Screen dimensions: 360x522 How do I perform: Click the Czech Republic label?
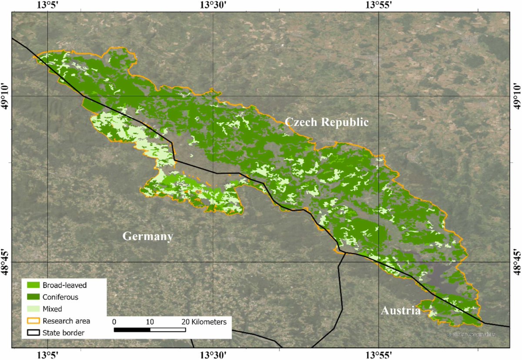pyautogui.click(x=327, y=122)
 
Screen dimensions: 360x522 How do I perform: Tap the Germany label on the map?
pyautogui.click(x=148, y=236)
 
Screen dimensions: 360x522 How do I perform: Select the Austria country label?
pyautogui.click(x=401, y=311)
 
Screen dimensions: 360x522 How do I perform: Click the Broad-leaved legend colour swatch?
pyautogui.click(x=33, y=286)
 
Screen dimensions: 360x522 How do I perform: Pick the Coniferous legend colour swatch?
pyautogui.click(x=33, y=297)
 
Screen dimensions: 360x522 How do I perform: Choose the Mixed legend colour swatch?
pyautogui.click(x=33, y=309)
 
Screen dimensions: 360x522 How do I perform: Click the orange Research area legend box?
pyautogui.click(x=33, y=321)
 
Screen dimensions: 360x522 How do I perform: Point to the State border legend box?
pyautogui.click(x=33, y=333)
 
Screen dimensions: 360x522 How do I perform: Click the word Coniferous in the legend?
pyautogui.click(x=60, y=297)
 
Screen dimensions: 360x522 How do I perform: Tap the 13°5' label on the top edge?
pyautogui.click(x=47, y=5)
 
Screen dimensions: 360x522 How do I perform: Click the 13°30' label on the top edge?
pyautogui.click(x=213, y=5)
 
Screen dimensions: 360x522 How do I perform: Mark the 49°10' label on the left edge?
pyautogui.click(x=6, y=95)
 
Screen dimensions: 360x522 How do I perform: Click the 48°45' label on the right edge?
pyautogui.click(x=516, y=262)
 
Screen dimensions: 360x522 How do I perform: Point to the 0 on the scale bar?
pyautogui.click(x=114, y=322)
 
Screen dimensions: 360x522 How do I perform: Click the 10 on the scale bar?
pyautogui.click(x=150, y=322)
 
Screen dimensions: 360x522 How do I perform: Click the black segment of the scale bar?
pyautogui.click(x=132, y=330)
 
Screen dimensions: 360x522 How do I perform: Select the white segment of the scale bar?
pyautogui.click(x=168, y=330)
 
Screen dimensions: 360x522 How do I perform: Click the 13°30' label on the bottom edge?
pyautogui.click(x=213, y=355)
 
